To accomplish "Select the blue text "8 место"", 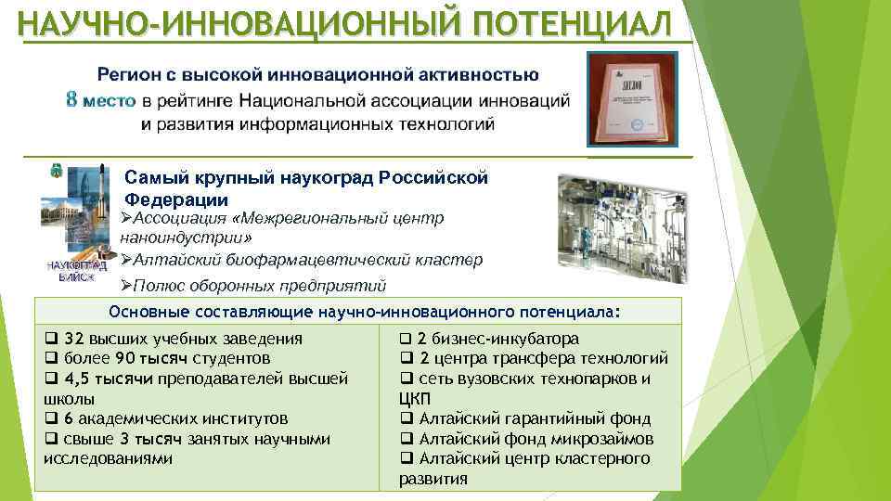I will click(101, 100).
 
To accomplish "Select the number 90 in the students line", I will click(129, 358).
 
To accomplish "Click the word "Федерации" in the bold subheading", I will click(176, 199).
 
